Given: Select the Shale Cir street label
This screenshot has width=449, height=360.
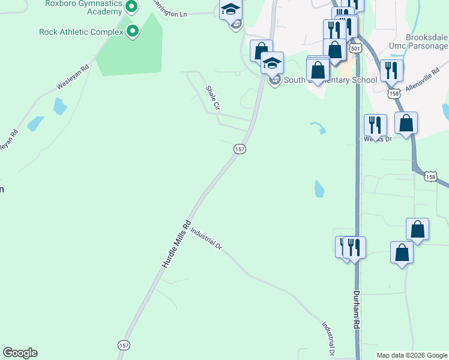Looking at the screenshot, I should pyautogui.click(x=212, y=98).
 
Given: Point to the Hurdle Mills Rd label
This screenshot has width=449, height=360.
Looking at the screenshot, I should pyautogui.click(x=176, y=244).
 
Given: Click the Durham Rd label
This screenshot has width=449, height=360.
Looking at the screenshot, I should pyautogui.click(x=356, y=310).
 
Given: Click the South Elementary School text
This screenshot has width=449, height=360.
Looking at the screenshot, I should pyautogui.click(x=330, y=80).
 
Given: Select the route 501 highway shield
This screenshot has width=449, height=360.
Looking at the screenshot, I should pyautogui.click(x=355, y=48).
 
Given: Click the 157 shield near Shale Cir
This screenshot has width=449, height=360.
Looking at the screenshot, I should pyautogui.click(x=240, y=149).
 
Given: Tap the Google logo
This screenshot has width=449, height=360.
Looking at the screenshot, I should pyautogui.click(x=20, y=353).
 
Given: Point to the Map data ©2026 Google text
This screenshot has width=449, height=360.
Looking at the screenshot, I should pyautogui.click(x=412, y=355).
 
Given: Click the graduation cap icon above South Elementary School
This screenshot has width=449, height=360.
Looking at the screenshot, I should pyautogui.click(x=272, y=62).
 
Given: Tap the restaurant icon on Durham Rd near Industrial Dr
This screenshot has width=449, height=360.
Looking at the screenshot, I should pyautogui.click(x=354, y=247).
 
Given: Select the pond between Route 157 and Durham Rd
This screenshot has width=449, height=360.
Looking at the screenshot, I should pyautogui.click(x=319, y=189).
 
